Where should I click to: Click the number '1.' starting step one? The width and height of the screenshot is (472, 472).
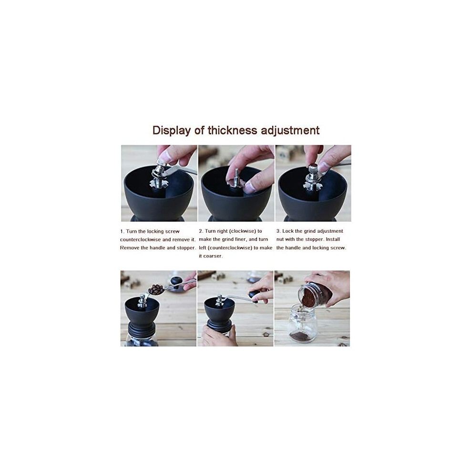(122, 232)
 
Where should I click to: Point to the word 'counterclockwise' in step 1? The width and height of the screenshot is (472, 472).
(140, 240)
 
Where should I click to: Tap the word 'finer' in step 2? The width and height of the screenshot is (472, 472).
(240, 239)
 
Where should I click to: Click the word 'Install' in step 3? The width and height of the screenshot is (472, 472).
(333, 239)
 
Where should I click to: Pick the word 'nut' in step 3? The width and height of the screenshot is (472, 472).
(280, 239)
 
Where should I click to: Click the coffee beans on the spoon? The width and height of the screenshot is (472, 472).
(155, 290)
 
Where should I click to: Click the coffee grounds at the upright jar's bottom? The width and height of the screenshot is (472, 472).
(303, 336)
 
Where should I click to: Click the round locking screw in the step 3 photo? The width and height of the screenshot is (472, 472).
(313, 168)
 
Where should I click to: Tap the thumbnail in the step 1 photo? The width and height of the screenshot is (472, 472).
(164, 156)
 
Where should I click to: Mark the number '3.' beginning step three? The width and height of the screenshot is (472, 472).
(278, 231)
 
